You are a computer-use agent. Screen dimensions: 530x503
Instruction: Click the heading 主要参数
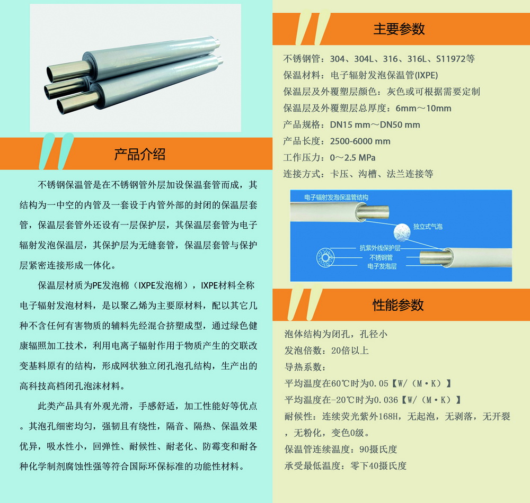pyautogui.click(x=399, y=29)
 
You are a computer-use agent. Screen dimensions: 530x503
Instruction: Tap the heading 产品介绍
pyautogui.click(x=139, y=154)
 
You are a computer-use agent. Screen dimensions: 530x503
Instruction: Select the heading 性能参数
pyautogui.click(x=398, y=305)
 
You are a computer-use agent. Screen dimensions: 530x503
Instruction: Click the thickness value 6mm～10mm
pyautogui.click(x=423, y=109)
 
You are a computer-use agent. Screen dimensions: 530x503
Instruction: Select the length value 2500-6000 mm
pyautogui.click(x=360, y=141)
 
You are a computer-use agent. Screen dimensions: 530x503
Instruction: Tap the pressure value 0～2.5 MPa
pyautogui.click(x=352, y=158)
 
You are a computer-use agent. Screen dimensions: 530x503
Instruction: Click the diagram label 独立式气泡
pyautogui.click(x=428, y=227)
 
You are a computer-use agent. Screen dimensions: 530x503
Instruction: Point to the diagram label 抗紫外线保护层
pyautogui.click(x=380, y=248)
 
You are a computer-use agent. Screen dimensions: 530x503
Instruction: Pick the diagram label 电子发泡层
pyautogui.click(x=382, y=266)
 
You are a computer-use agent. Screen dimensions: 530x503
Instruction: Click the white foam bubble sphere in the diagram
pyautogui.click(x=402, y=232)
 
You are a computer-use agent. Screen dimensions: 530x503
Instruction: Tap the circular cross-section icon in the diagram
pyautogui.click(x=325, y=258)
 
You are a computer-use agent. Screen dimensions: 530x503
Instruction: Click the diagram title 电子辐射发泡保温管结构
pyautogui.click(x=336, y=197)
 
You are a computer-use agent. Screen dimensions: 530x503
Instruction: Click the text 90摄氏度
pyautogui.click(x=378, y=450)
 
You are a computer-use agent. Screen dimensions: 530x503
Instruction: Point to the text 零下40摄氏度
pyautogui.click(x=378, y=466)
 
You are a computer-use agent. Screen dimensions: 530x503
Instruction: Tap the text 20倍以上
pyautogui.click(x=350, y=351)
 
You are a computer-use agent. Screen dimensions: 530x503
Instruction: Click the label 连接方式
pyautogui.click(x=302, y=174)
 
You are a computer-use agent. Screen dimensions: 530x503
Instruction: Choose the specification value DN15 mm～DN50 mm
pyautogui.click(x=375, y=125)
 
